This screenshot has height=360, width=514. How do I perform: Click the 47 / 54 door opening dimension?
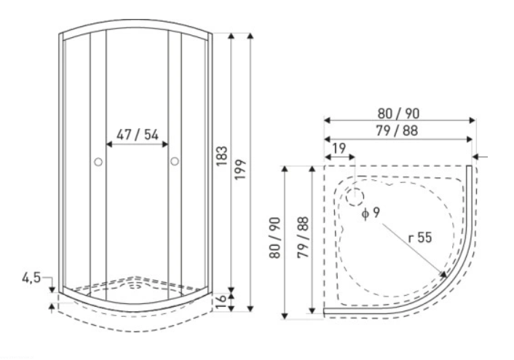point(138,135)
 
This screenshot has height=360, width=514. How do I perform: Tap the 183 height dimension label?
point(221,156)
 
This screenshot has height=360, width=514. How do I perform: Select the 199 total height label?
point(240,169)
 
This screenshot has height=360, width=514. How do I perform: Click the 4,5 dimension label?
point(31,278)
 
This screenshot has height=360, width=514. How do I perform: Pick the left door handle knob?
point(98,162)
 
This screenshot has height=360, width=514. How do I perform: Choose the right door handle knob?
point(175,161)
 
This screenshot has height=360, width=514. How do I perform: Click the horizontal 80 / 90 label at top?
point(398,114)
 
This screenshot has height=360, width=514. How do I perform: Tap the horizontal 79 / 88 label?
point(397,131)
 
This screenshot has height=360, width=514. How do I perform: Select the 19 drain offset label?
point(339,149)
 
